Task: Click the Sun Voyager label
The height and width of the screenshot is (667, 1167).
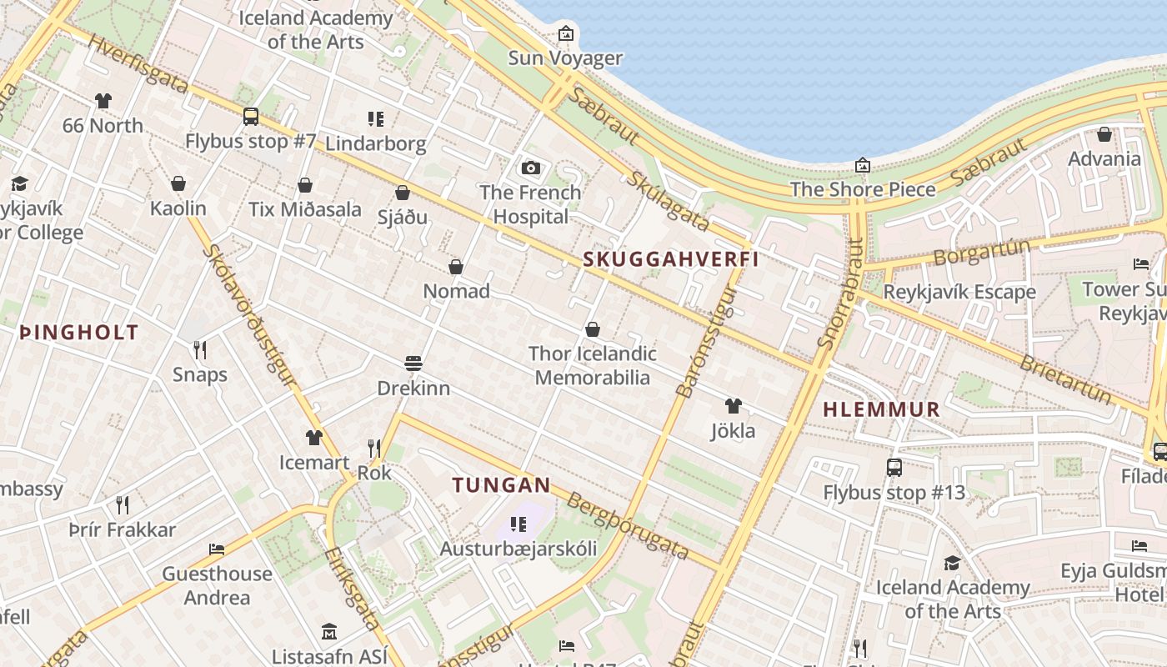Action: click(565, 58)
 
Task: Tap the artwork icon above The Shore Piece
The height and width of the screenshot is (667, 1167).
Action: click(863, 165)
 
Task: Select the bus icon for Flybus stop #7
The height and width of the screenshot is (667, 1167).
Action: click(250, 117)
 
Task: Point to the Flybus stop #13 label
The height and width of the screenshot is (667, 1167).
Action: click(894, 492)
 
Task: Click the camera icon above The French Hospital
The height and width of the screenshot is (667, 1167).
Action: click(530, 168)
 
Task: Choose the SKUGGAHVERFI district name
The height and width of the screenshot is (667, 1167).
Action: click(671, 259)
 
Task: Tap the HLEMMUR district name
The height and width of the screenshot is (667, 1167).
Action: click(881, 409)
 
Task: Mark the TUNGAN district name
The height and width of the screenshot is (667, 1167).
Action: click(501, 484)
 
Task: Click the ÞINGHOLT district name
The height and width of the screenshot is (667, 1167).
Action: click(78, 332)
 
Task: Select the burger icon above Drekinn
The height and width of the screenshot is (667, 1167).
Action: click(413, 364)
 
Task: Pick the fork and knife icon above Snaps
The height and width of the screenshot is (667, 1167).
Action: click(200, 349)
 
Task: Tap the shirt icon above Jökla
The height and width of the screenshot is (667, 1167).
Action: click(733, 406)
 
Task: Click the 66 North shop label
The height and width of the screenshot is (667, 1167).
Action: click(103, 125)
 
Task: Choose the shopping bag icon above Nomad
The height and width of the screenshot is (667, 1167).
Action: click(456, 267)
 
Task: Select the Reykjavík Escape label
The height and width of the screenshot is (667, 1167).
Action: click(959, 292)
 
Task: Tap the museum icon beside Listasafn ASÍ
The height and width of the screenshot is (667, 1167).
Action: click(329, 632)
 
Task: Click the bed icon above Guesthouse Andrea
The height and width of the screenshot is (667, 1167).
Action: click(217, 549)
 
